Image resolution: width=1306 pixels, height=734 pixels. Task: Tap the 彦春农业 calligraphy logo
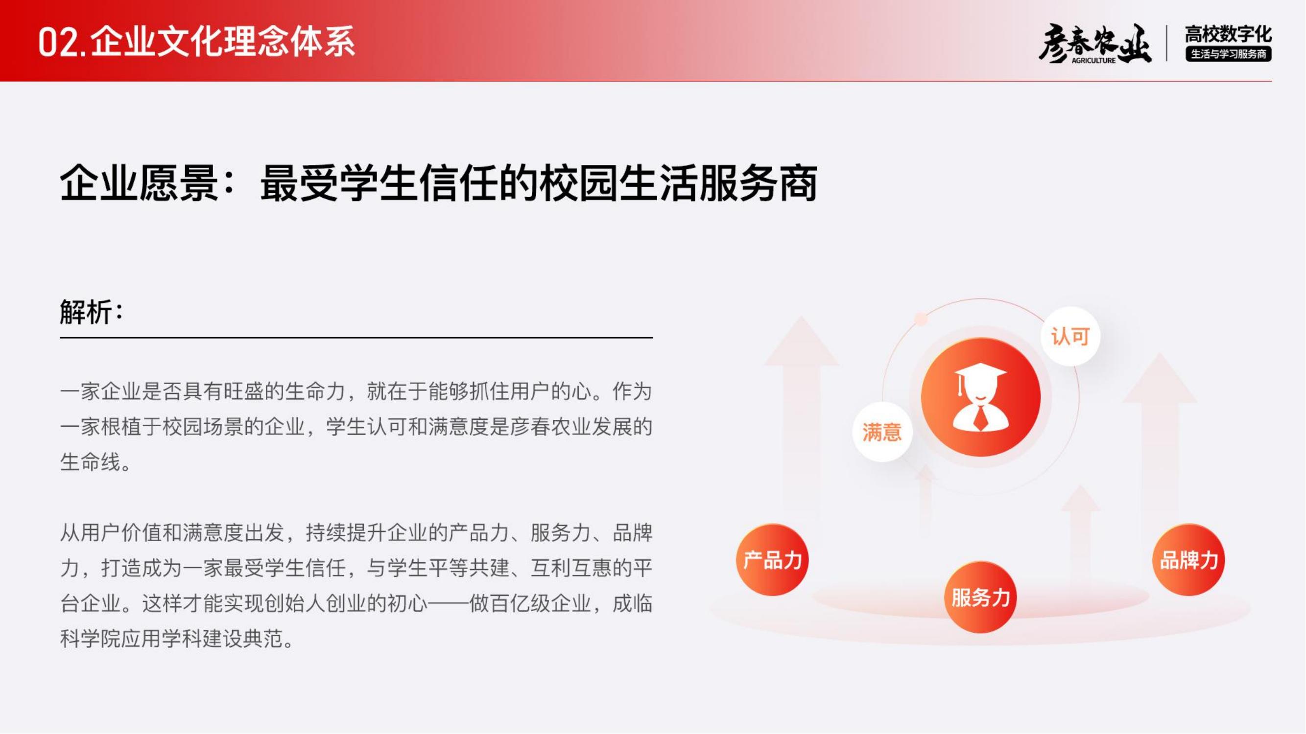click(x=1094, y=44)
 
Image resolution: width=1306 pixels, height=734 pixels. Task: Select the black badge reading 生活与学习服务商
click(x=1228, y=54)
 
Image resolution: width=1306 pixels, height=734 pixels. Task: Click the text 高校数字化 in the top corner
click(x=1228, y=34)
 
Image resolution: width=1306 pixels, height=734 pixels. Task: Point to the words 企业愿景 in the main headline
click(x=139, y=183)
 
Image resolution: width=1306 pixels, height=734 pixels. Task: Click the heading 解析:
click(x=92, y=311)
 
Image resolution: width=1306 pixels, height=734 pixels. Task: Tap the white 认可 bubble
click(x=1070, y=336)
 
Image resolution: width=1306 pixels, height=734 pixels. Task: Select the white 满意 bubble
click(x=882, y=432)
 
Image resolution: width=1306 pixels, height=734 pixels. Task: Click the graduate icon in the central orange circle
click(x=980, y=398)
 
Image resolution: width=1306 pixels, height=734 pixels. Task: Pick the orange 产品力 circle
click(x=772, y=560)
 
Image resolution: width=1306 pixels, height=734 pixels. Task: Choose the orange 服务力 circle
click(x=980, y=597)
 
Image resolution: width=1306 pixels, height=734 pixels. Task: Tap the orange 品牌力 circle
click(x=1188, y=560)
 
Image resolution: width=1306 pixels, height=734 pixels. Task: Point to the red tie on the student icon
click(x=981, y=416)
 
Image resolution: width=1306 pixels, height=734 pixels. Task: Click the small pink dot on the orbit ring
click(x=921, y=319)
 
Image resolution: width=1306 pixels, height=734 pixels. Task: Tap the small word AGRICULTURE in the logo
click(x=1093, y=60)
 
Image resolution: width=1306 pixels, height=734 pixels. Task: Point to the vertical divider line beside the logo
click(x=1166, y=44)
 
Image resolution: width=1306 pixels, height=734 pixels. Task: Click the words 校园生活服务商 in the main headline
click(x=678, y=183)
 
